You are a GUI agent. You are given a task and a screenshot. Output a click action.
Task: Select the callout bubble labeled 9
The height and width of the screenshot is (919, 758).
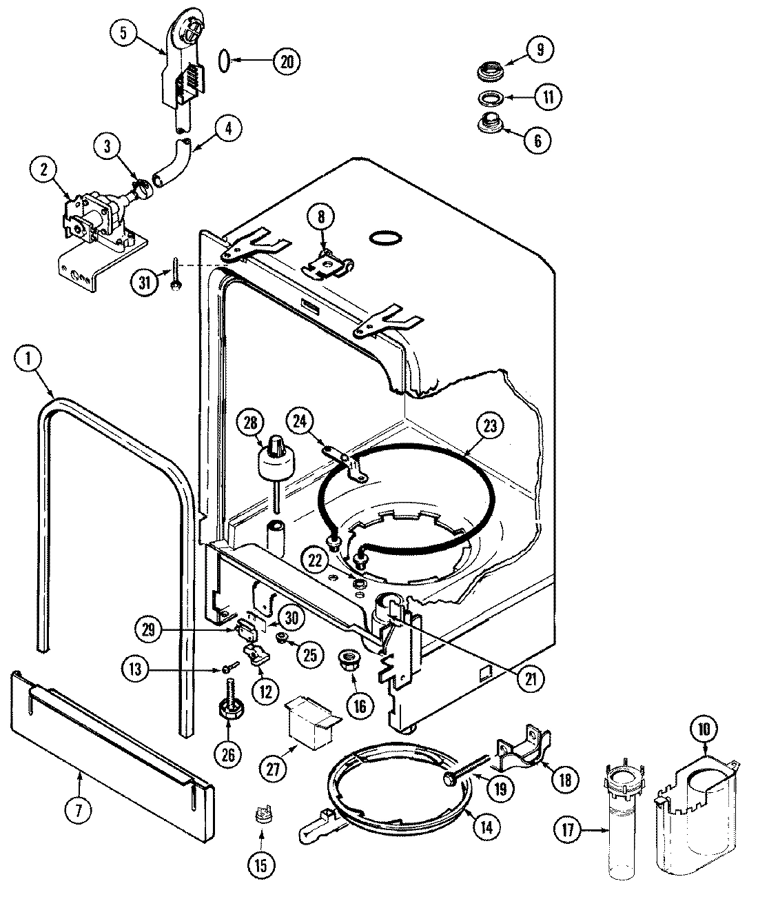point(540,49)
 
